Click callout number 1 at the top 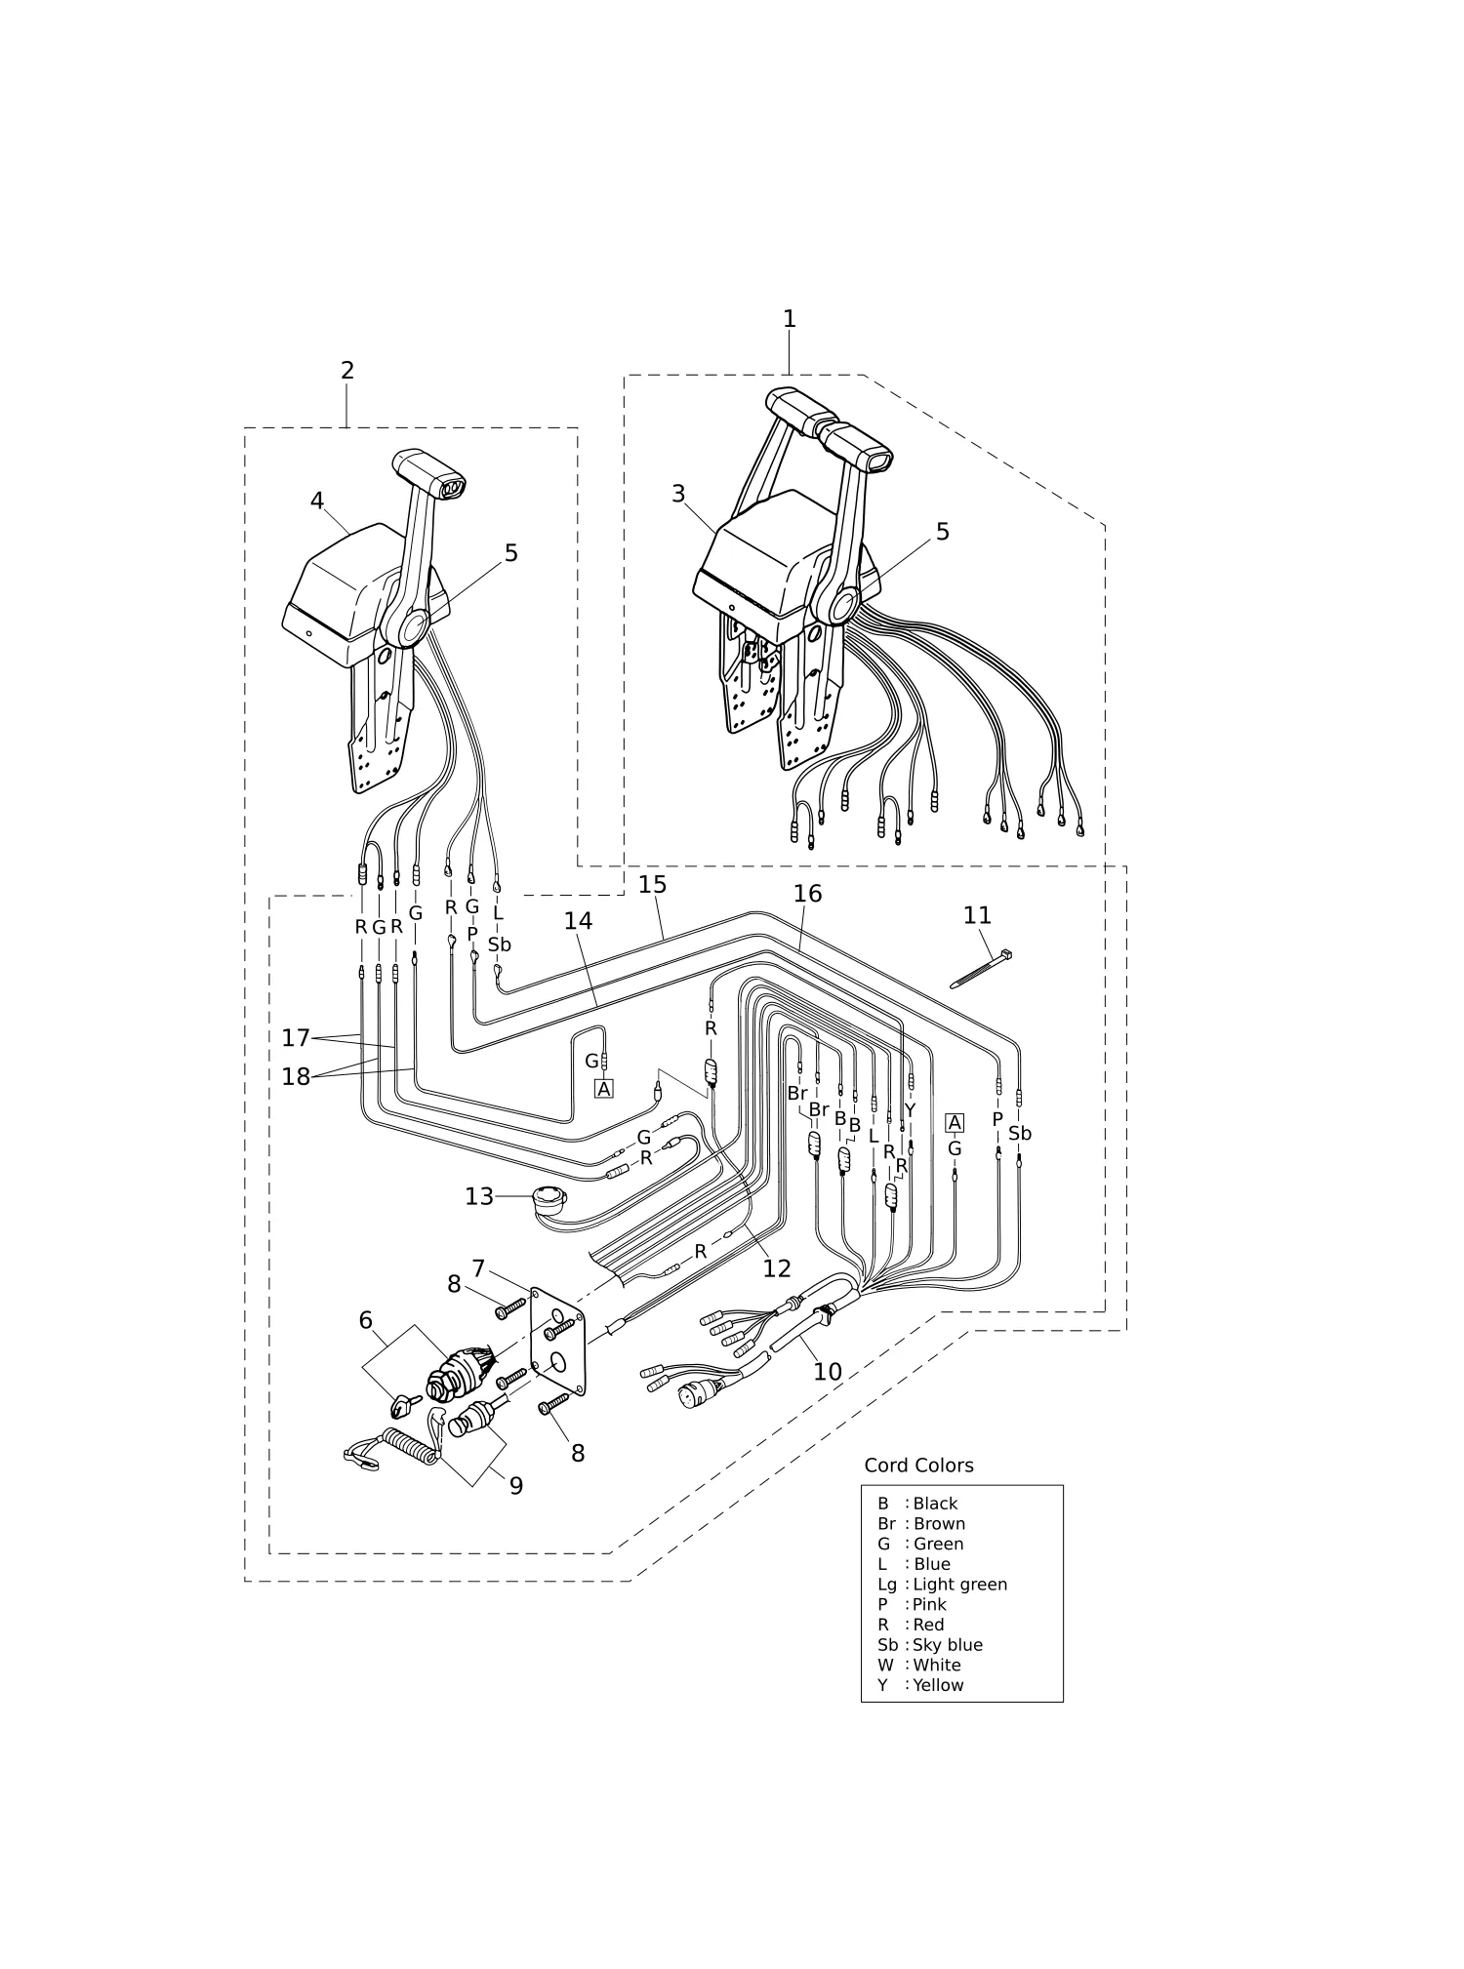pos(790,318)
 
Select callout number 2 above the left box pos(347,370)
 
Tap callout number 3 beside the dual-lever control pos(678,494)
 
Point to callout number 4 pos(317,501)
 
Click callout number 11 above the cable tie pos(977,915)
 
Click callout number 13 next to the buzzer pos(479,1196)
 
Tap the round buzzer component pos(549,1199)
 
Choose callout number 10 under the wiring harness pos(828,1372)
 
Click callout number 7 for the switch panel pos(478,1268)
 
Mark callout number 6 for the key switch pos(366,1320)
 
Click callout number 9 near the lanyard pos(516,1485)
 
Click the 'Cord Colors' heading pos(918,1466)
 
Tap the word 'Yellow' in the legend pos(938,1685)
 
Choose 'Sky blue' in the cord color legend pos(948,1645)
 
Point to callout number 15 pos(653,884)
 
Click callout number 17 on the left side pos(296,1038)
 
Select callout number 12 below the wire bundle pos(777,1268)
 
